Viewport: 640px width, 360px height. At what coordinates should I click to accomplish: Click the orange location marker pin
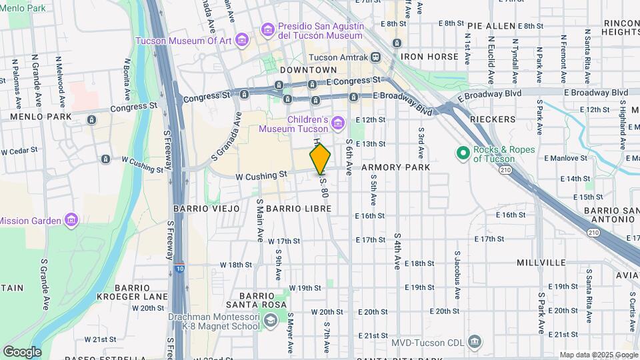(x=321, y=159)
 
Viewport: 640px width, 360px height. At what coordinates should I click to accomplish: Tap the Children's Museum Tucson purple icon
(x=338, y=124)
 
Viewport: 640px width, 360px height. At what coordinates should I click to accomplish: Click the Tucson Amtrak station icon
(x=377, y=58)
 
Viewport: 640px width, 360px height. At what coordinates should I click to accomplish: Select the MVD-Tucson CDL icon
(x=474, y=343)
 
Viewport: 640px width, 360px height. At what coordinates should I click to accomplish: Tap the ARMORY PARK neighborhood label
(x=396, y=167)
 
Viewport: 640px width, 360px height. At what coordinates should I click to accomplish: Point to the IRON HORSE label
(x=430, y=57)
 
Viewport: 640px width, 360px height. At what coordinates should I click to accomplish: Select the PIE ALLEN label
(x=492, y=26)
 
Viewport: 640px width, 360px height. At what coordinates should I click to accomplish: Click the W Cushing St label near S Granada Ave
(x=261, y=175)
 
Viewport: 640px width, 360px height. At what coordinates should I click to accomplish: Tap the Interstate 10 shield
(x=180, y=269)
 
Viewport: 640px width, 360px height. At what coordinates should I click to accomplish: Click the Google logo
(x=22, y=351)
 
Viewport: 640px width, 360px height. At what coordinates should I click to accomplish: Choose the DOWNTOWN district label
(x=309, y=69)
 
